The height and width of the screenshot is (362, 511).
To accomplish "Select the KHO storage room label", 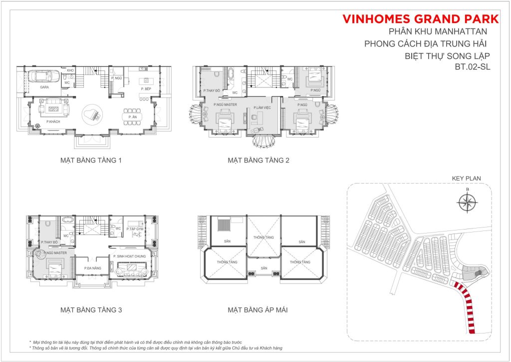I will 70,71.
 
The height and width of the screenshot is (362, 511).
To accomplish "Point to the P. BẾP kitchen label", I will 146,88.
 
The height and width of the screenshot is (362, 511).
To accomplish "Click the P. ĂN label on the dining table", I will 132,117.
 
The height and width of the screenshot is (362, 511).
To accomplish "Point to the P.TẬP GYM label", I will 135,229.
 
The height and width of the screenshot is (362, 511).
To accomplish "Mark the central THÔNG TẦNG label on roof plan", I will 262,237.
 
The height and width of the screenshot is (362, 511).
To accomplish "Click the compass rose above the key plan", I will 468,202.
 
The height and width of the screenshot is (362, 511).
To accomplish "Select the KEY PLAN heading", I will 466,178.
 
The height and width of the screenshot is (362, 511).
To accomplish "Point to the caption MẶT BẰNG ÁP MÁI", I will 257,310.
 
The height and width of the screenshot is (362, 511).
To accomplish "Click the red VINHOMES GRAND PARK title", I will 421,19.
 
